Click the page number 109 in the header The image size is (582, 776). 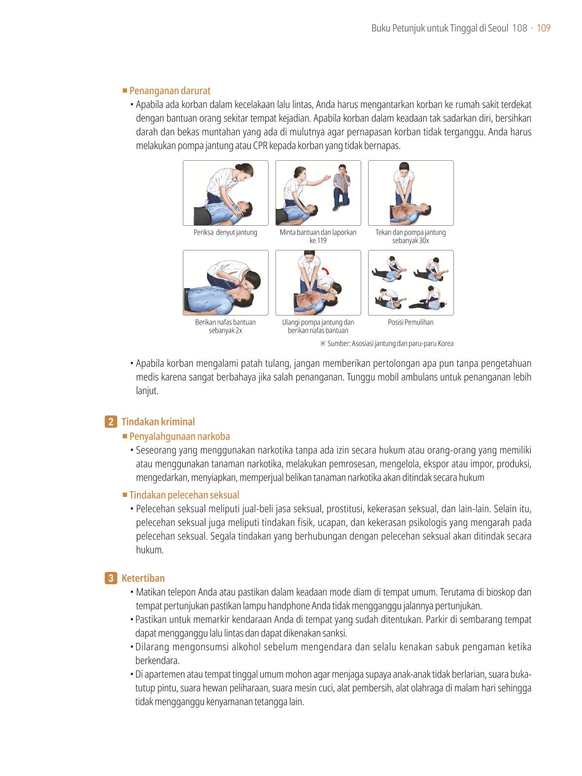pos(543,28)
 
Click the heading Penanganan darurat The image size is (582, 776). pos(170,91)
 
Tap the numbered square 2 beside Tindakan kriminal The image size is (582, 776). pos(110,422)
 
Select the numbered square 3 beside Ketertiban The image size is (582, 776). pos(110,578)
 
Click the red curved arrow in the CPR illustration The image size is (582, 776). pos(325,270)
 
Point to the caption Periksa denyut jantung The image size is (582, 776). pos(225,232)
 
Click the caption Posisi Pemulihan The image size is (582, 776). pos(411,322)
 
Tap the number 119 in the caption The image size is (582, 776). pos(321,241)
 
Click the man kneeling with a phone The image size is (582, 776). pos(342,187)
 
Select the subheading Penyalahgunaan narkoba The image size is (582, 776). pos(179,436)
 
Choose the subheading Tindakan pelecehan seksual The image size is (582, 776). pos(184,494)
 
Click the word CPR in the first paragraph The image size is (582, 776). pos(260,145)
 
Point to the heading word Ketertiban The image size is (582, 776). pos(143,578)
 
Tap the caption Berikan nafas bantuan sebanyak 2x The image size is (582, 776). pos(225,326)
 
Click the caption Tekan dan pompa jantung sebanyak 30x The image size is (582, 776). pos(411,237)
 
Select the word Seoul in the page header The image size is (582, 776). pos(498,28)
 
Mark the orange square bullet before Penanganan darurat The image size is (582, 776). pos(125,91)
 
